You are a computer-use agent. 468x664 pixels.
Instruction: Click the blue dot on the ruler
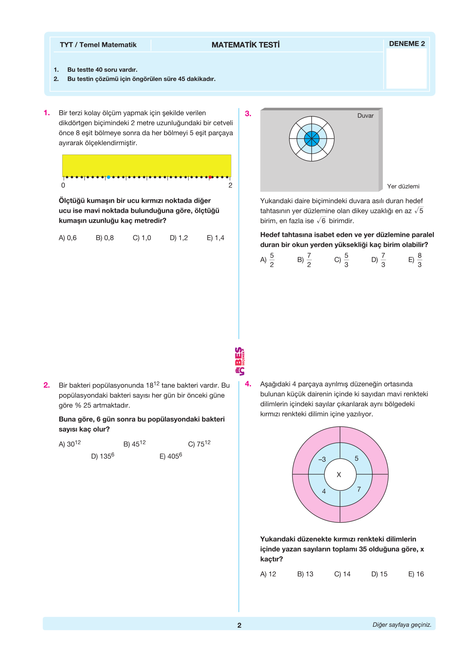tap(108, 177)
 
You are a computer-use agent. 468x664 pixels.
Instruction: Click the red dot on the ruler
tap(210, 177)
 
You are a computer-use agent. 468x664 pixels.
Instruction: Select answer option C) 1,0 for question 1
tap(142, 238)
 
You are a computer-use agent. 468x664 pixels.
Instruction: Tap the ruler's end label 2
tap(230, 185)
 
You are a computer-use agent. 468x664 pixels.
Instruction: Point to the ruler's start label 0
tap(63, 185)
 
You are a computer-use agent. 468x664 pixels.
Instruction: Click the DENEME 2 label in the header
tap(407, 44)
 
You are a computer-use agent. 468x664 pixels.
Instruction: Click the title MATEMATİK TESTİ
tap(246, 45)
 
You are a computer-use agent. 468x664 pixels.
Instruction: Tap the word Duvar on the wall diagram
tap(365, 116)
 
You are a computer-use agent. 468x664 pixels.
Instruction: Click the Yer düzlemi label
tap(403, 186)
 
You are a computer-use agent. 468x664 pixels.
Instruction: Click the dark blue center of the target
tap(312, 139)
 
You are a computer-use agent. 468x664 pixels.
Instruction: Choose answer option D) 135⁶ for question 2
tap(103, 456)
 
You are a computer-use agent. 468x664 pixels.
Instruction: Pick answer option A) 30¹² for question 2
tap(70, 444)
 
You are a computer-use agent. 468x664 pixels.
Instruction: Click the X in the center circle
tap(339, 475)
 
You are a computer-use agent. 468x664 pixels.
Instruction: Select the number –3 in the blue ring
tap(322, 459)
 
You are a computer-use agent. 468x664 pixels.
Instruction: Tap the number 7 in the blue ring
tap(359, 489)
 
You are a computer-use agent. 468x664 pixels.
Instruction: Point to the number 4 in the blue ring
tap(324, 492)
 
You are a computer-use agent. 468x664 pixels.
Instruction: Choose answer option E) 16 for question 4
tap(416, 574)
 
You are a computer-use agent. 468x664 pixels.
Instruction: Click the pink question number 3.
tap(248, 114)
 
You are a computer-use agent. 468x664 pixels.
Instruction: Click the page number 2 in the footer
tap(239, 625)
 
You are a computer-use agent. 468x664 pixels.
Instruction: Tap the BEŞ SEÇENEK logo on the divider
tap(239, 361)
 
